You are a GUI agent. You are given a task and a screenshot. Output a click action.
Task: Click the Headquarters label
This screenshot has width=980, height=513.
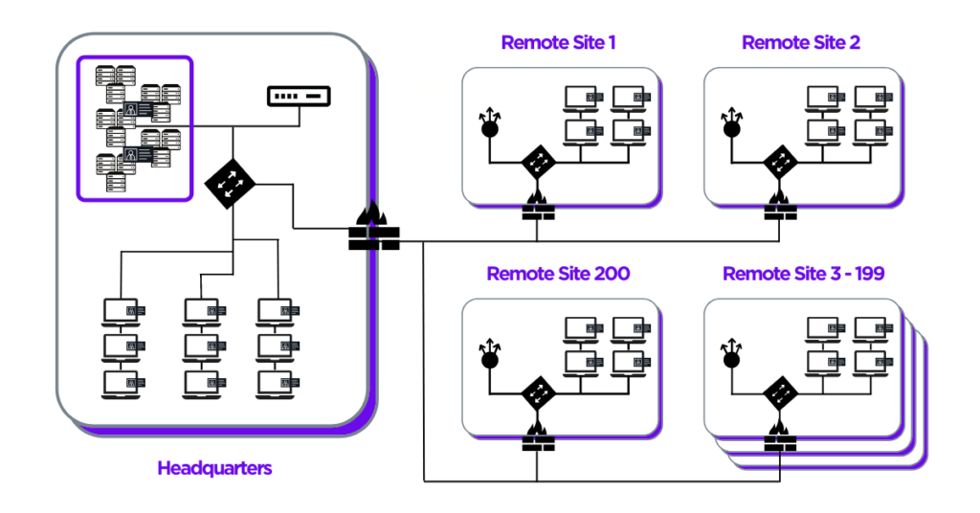pos(214,468)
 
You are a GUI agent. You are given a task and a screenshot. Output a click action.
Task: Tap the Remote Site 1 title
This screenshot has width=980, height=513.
pos(559,43)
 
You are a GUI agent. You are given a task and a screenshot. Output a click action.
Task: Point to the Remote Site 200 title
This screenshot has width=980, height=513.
pos(558,274)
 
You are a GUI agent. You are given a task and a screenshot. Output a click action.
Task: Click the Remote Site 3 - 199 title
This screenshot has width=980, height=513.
pos(803,274)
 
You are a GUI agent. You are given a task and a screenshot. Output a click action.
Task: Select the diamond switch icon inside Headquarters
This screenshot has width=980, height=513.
pos(232,179)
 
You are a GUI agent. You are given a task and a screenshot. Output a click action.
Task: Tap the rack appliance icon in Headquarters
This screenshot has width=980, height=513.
pos(298,97)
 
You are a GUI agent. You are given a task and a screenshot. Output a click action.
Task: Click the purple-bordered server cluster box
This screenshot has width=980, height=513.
pos(135,128)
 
